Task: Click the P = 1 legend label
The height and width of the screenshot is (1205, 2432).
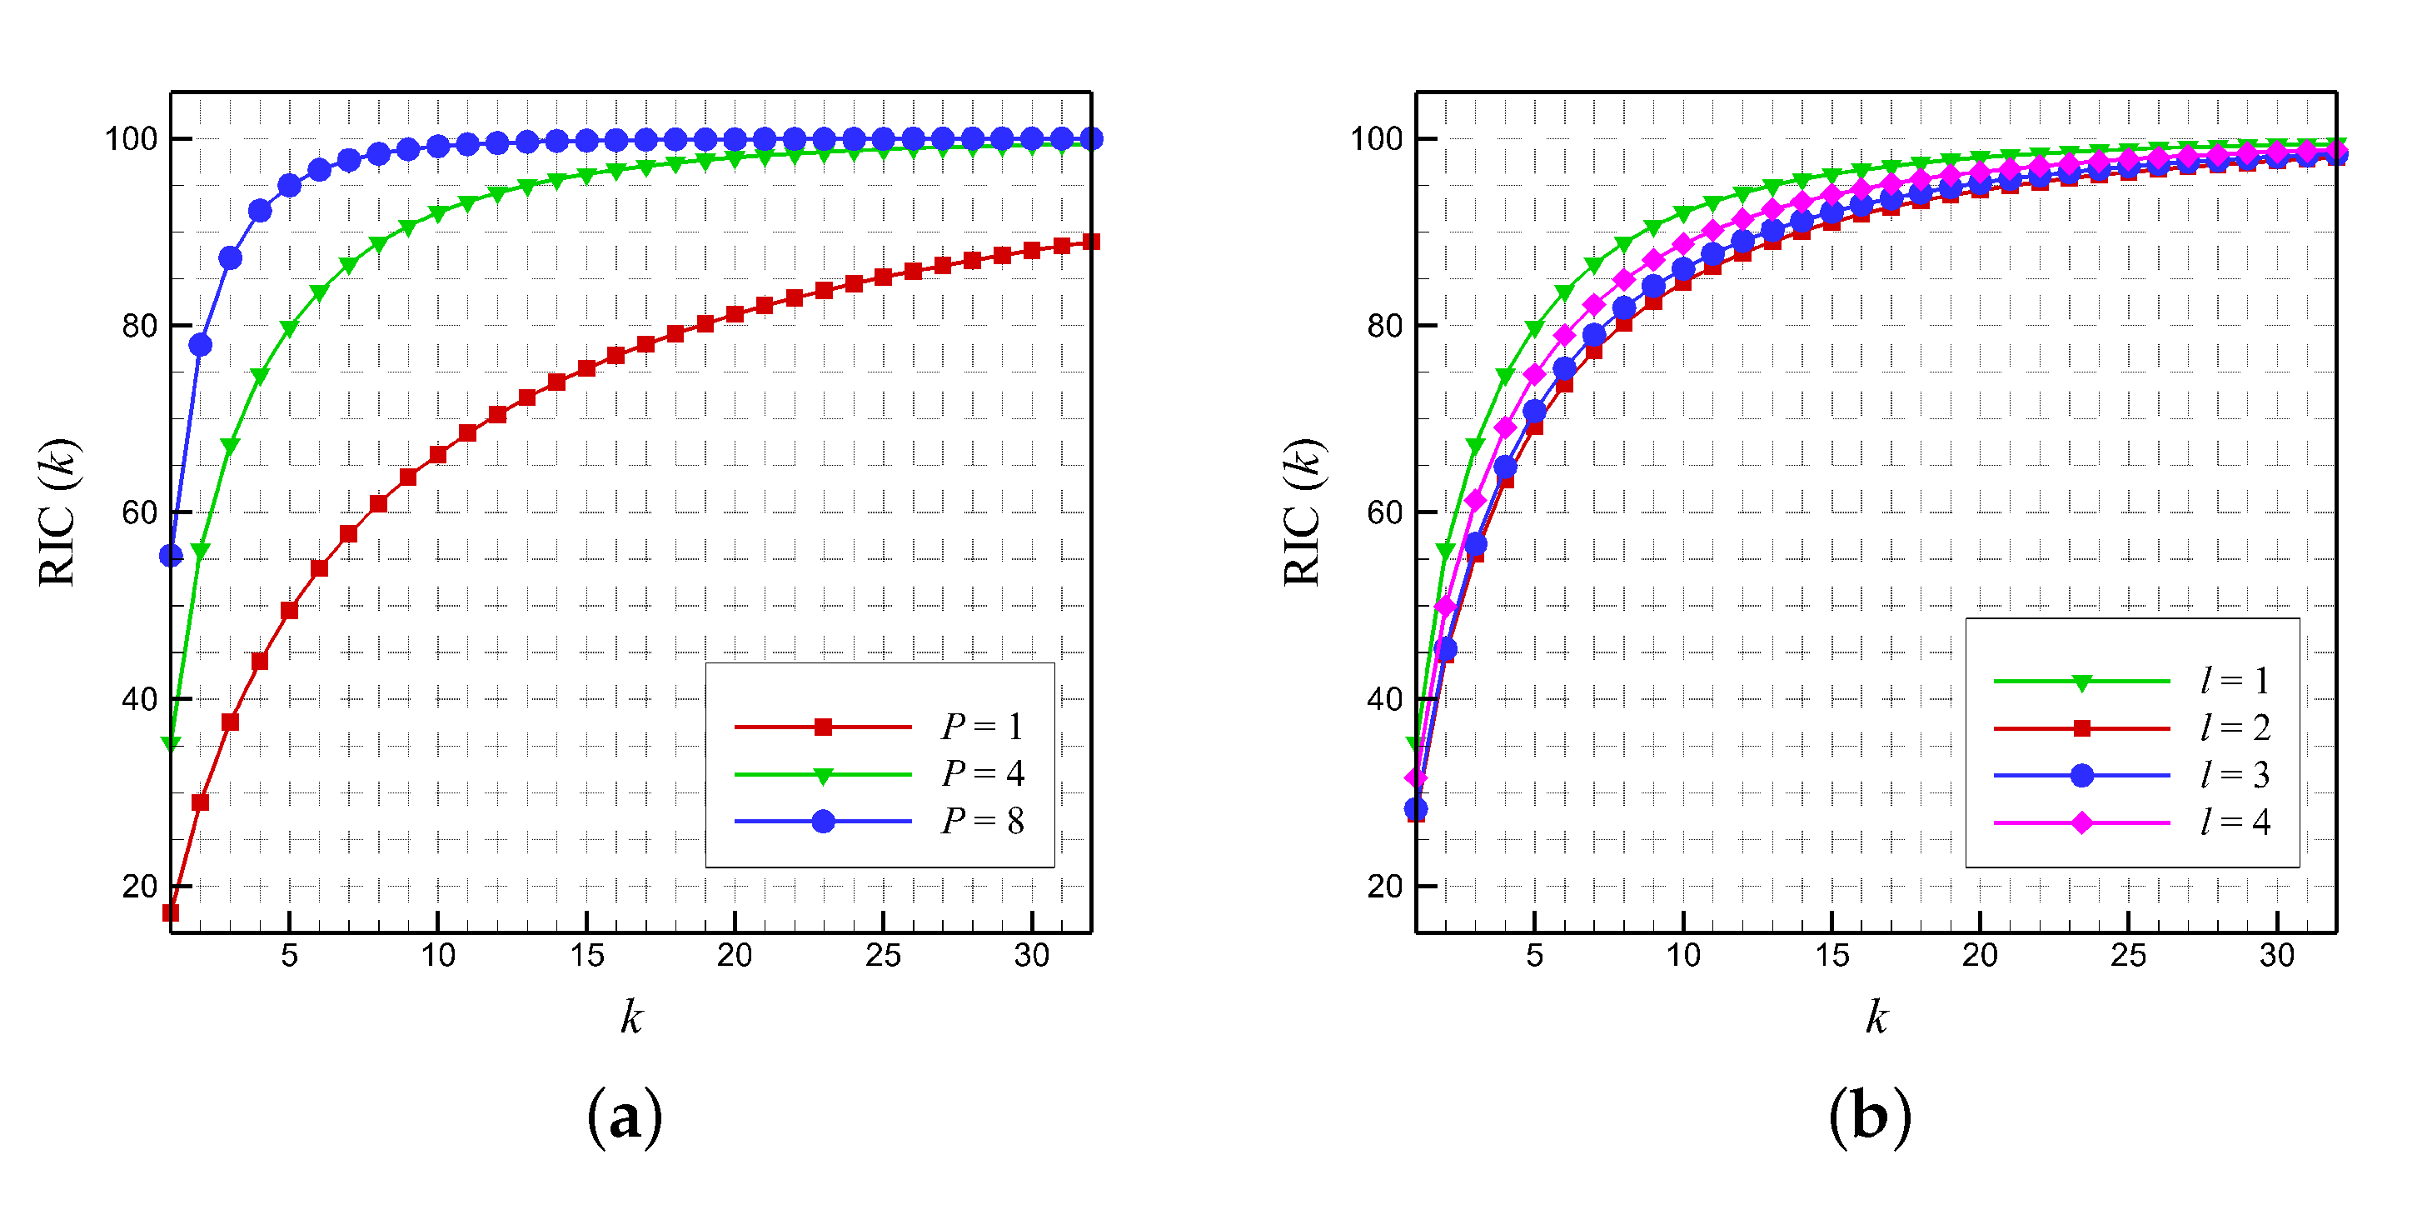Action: (x=982, y=726)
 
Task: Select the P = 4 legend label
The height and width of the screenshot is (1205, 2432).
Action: (x=982, y=773)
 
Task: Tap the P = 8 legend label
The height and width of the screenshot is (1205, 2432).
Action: (x=982, y=821)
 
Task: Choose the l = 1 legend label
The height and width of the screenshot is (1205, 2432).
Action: (x=2234, y=680)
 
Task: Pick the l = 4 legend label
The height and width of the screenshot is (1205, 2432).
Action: (x=2234, y=822)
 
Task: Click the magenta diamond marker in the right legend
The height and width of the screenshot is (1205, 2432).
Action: (x=2081, y=822)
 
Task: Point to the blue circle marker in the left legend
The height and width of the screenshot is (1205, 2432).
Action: (x=822, y=822)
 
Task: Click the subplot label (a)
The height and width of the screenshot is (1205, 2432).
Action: (x=624, y=1117)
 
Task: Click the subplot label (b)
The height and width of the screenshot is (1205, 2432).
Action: (x=1869, y=1117)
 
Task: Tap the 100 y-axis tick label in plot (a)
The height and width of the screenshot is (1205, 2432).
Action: (x=130, y=139)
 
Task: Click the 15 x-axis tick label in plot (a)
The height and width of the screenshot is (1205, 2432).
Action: (x=586, y=956)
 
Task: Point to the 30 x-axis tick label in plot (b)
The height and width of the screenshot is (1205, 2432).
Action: (x=2276, y=956)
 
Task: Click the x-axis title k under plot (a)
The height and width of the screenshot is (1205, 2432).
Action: (x=630, y=1017)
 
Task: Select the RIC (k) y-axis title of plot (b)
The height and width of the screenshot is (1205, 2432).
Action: (x=1303, y=512)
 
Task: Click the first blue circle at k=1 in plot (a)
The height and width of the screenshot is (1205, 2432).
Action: (x=171, y=555)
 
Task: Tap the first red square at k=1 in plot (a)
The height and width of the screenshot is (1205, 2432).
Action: (x=171, y=912)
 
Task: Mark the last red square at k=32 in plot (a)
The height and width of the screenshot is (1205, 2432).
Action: (x=1090, y=242)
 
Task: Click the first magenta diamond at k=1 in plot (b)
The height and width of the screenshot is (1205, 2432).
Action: (x=1415, y=777)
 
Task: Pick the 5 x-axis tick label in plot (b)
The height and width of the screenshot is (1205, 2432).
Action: (x=1534, y=956)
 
